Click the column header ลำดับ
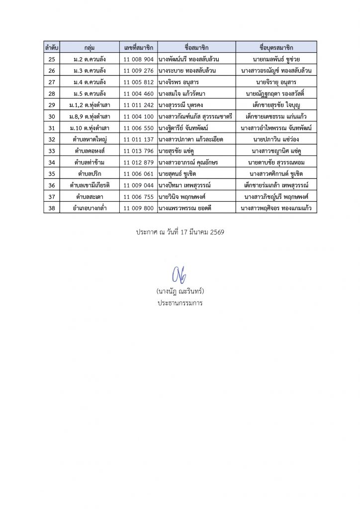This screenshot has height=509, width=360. tap(52, 48)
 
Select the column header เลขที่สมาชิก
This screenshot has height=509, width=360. tap(139, 48)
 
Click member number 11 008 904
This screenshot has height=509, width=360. tap(139, 59)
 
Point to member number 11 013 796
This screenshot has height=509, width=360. tap(139, 151)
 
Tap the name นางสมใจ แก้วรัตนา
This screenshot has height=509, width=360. tap(182, 93)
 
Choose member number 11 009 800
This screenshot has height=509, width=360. tap(139, 208)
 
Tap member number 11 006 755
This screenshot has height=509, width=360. tap(139, 196)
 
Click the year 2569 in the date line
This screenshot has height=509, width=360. tap(217, 232)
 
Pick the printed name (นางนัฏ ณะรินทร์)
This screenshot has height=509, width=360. tap(180, 291)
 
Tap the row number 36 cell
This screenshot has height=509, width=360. tap(52, 185)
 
